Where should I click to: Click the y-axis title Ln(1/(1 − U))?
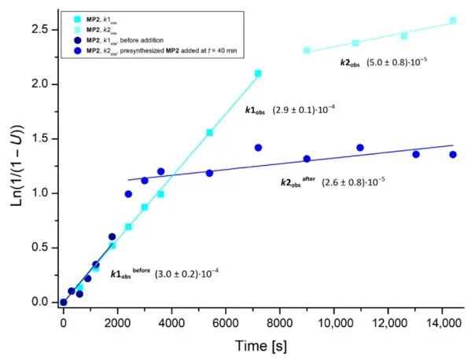tap(17, 167)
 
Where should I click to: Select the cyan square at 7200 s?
tap(258, 73)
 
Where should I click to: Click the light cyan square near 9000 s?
tap(307, 50)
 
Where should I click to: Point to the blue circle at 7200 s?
tap(258, 148)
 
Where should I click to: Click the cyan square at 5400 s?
tap(209, 133)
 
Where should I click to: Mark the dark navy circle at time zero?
tap(64, 302)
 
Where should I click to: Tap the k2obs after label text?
tap(298, 182)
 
